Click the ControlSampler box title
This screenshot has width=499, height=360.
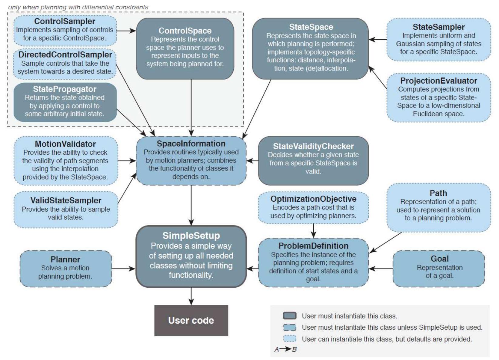tap(65, 21)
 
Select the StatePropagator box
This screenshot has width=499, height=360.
tap(65, 102)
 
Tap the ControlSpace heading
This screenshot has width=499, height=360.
tap(185, 31)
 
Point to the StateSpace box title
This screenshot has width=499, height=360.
tap(311, 27)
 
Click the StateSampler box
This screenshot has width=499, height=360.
tap(438, 39)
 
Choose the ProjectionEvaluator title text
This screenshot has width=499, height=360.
tap(438, 81)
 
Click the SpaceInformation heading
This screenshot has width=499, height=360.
tap(191, 144)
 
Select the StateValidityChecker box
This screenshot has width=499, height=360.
tap(313, 160)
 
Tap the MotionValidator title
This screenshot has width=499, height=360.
tap(65, 144)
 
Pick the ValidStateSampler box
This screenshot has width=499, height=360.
tap(65, 209)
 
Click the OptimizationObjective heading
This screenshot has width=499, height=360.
tap(313, 199)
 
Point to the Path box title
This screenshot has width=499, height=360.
tap(438, 193)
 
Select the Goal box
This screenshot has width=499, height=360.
tap(439, 268)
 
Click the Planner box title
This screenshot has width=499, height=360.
tap(65, 259)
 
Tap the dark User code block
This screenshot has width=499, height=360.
tap(191, 320)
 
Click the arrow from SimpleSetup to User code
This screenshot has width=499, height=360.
tap(191, 296)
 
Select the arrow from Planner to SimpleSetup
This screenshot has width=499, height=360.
tap(123, 269)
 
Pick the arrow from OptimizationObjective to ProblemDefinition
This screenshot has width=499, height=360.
tap(313, 230)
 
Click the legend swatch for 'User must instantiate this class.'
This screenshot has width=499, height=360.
tap(289, 316)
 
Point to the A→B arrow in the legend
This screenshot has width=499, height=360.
tap(286, 349)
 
